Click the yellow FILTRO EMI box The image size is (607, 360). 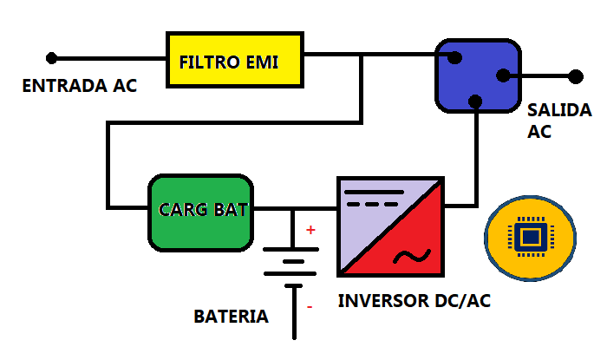235,60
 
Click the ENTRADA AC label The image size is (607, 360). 79,87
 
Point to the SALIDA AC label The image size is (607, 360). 558,121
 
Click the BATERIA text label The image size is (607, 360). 231,317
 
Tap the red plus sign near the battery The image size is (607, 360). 310,231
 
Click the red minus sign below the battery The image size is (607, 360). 309,306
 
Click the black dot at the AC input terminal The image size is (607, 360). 52,58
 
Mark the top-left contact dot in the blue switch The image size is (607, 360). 454,58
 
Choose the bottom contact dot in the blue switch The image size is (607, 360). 474,101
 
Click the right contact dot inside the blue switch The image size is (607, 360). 503,75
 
